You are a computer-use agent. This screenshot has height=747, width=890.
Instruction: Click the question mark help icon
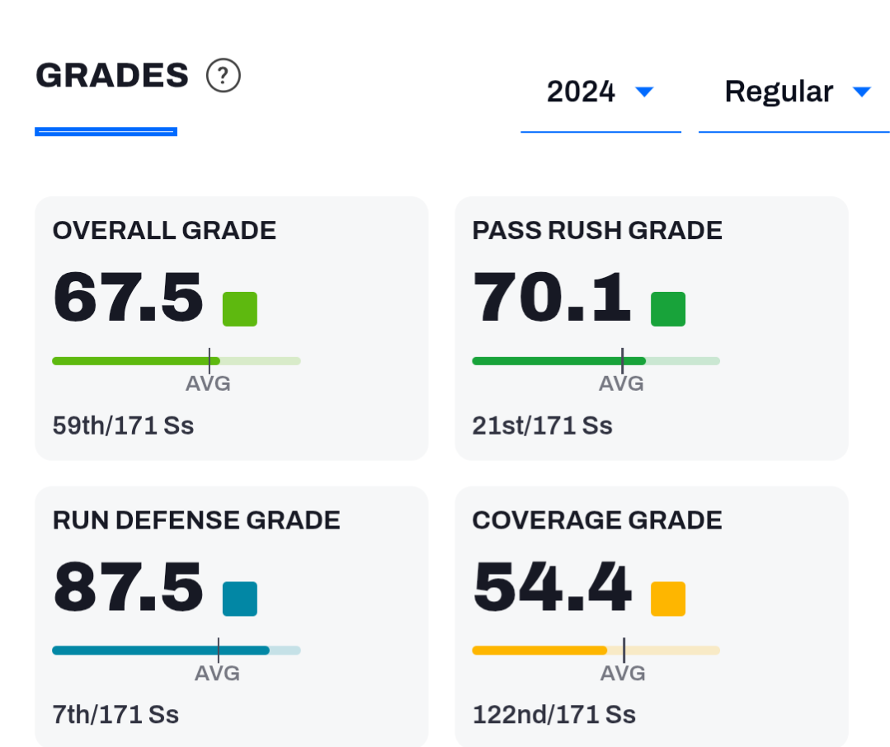tap(223, 75)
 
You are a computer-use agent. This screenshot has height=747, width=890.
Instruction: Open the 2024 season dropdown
tap(600, 92)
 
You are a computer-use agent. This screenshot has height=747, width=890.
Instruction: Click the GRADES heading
tap(112, 75)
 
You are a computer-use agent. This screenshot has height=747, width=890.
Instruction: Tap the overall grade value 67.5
tap(128, 297)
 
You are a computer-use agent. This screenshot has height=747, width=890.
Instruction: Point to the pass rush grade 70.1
tap(551, 297)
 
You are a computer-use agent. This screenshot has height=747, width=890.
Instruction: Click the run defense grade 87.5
tap(128, 586)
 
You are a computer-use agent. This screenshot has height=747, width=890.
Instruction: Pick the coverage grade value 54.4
tap(552, 586)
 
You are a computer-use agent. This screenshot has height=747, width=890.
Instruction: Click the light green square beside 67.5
tap(239, 309)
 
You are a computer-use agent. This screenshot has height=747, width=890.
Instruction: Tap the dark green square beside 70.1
tap(668, 309)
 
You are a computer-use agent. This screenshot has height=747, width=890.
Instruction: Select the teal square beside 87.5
tap(239, 599)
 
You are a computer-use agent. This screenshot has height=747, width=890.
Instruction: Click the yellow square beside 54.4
tap(668, 599)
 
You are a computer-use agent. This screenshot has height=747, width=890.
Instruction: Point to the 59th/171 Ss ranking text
tap(123, 425)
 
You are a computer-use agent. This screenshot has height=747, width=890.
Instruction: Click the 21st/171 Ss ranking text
tap(542, 425)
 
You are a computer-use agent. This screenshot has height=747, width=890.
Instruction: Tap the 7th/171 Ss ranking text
tap(115, 715)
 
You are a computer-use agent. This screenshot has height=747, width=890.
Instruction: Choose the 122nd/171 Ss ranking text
tap(554, 715)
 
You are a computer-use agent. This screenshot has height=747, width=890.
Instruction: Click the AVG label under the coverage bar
tap(623, 674)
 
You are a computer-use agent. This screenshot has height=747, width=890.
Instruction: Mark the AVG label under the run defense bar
tap(217, 674)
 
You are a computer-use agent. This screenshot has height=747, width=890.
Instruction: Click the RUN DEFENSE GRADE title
tap(196, 520)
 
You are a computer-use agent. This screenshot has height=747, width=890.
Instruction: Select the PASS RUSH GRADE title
tap(597, 230)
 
